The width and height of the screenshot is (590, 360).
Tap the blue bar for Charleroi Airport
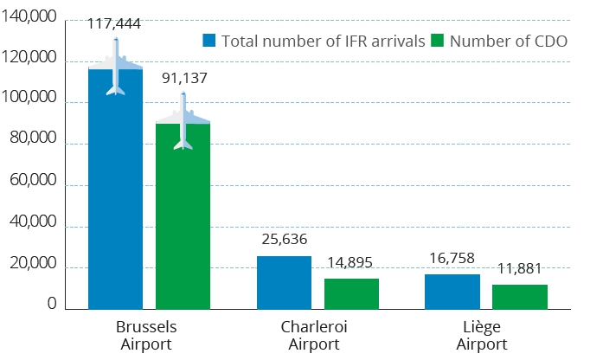[x=284, y=282]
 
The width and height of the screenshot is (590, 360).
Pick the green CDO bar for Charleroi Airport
[x=351, y=293]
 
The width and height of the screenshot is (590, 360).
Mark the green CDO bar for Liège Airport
[x=519, y=296]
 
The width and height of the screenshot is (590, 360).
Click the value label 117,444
[x=114, y=23]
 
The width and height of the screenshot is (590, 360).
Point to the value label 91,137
[x=183, y=78]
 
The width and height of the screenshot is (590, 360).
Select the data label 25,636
[x=284, y=240]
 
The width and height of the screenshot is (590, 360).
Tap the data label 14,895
[x=351, y=263]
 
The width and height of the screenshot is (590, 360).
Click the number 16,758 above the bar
[x=452, y=258]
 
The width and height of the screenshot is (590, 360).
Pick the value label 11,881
[x=519, y=268]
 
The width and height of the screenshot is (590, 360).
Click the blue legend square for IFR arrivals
[x=208, y=41]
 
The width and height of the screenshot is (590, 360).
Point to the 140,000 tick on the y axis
[x=30, y=19]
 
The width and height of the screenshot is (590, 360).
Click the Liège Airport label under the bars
[x=482, y=336]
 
